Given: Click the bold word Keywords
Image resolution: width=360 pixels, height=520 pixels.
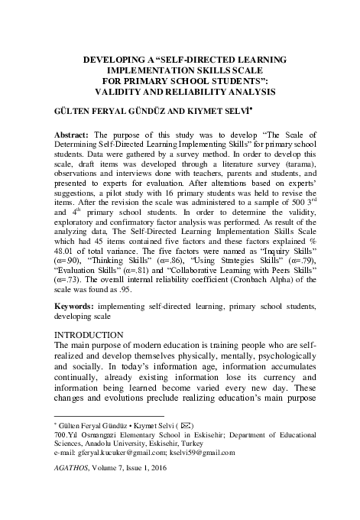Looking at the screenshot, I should click(x=73, y=306).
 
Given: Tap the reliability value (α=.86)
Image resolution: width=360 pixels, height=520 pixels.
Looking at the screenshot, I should click(x=168, y=259).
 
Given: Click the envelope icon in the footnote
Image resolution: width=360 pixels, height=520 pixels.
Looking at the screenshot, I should click(x=186, y=424).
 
